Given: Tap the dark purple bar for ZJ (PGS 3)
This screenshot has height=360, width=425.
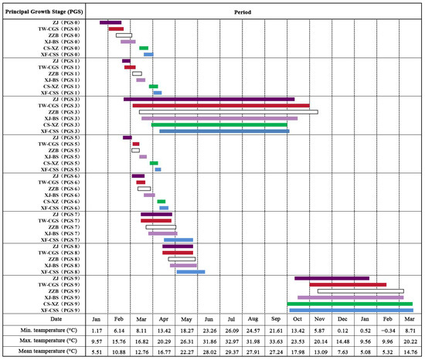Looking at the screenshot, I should point(209,99).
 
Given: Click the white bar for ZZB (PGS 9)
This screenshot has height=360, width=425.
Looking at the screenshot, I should point(371,290).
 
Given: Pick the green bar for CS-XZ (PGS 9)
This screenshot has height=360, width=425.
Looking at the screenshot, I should point(349,304).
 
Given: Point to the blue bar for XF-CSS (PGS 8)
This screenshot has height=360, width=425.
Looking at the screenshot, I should point(190,271).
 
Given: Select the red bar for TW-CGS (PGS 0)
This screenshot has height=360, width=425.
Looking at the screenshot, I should point(116,29).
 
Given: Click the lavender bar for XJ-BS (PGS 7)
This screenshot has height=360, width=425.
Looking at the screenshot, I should point(162,233).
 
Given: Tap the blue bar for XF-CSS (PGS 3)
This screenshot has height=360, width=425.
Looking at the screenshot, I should point(224,131).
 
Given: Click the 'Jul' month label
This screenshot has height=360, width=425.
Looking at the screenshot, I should point(231,318).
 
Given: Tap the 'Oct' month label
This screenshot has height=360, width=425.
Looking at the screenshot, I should point(297,318).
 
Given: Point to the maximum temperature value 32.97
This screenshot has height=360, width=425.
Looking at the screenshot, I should point(231,341).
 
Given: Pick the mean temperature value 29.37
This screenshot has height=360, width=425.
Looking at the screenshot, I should point(231,353).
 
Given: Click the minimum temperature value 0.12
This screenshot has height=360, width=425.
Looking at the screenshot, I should point(342,330).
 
